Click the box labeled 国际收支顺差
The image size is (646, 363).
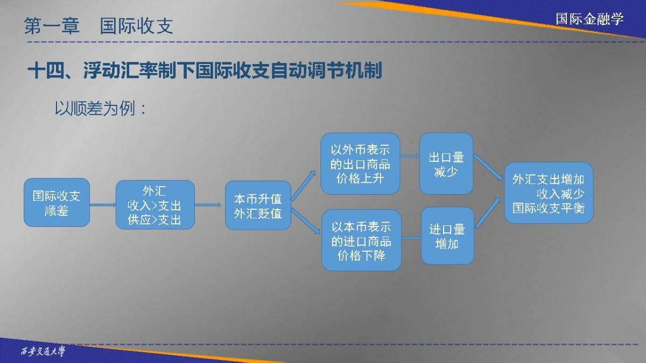pos(57,203)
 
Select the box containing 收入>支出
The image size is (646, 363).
pos(155,205)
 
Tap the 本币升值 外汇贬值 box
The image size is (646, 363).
pos(258,205)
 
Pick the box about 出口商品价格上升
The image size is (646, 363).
pos(360,163)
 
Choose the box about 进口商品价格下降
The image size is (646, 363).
pos(361,240)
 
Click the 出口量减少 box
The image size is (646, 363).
pos(446,163)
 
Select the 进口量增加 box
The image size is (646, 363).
pos(447,236)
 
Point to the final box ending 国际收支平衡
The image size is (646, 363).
pos(549,193)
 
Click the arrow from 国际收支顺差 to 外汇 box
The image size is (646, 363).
pos(103,205)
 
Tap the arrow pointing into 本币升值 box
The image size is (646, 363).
pos(208,205)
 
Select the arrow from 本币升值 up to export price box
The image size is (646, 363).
pos(303,185)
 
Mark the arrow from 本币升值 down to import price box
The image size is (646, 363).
pos(305,221)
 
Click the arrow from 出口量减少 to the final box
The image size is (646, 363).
pos(488,167)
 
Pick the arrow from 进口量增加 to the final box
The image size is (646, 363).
pos(488,212)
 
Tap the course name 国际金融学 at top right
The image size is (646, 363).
pos(589,19)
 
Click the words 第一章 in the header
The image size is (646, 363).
pos(52,26)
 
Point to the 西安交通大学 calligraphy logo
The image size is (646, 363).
pos(43,352)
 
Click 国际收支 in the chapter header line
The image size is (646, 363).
pos(136,26)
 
